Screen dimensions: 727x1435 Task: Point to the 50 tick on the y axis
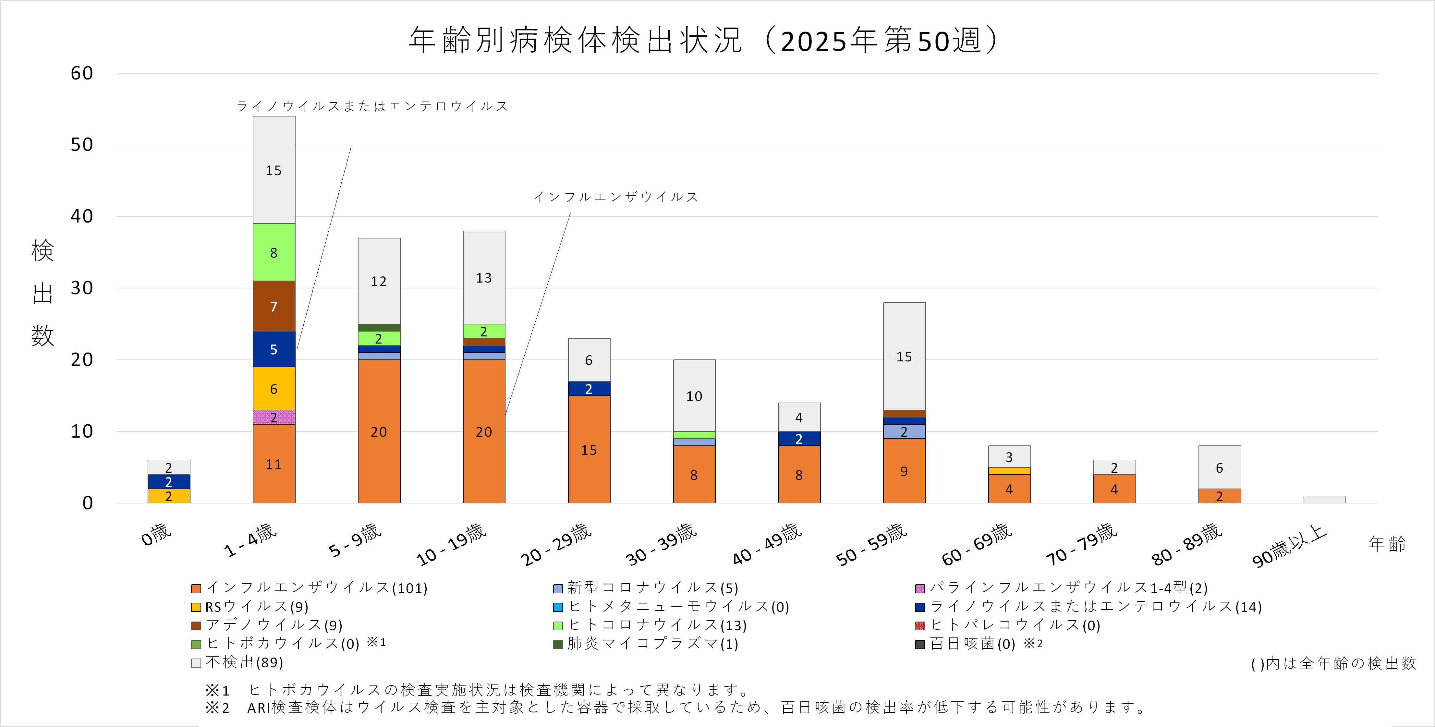[81, 145]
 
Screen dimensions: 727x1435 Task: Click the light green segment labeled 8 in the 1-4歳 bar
[274, 252]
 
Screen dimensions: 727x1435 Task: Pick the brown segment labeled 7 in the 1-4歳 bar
[274, 306]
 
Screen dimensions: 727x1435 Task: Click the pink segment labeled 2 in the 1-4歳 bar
[274, 417]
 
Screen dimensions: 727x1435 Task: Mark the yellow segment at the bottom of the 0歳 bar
[169, 496]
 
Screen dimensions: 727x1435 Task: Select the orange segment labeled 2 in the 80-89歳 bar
[1220, 496]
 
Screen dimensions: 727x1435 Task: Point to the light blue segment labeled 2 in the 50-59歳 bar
[904, 431]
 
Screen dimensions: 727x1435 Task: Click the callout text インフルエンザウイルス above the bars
[615, 197]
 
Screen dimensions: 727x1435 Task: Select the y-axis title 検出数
[42, 293]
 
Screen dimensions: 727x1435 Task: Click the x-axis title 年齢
[1387, 544]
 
